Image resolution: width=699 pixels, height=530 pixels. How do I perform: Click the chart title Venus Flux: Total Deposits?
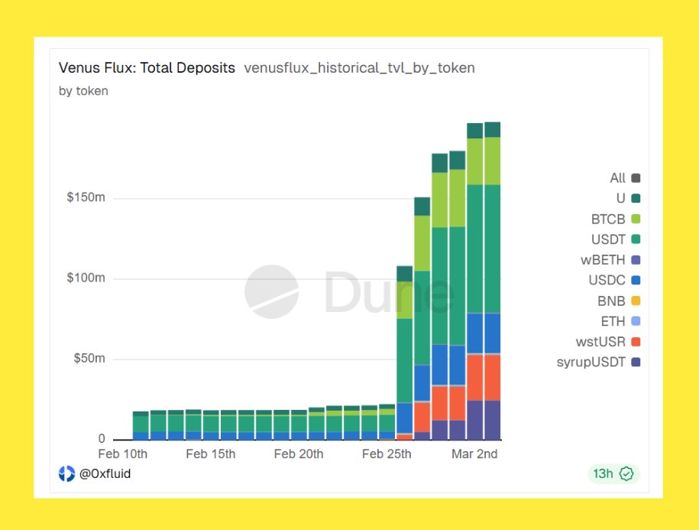tap(147, 68)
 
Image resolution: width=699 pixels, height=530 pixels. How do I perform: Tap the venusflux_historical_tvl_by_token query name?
tap(359, 68)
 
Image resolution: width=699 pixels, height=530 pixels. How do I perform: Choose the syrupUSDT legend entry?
tap(598, 362)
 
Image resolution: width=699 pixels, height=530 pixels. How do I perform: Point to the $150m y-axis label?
tap(86, 198)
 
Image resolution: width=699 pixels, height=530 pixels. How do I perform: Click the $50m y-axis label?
tap(89, 359)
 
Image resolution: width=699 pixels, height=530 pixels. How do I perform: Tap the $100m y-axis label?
tap(86, 278)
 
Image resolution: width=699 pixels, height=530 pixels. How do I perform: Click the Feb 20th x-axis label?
tap(298, 454)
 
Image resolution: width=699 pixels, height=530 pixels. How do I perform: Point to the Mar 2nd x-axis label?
tap(474, 454)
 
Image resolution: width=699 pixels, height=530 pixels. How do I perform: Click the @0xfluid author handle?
tap(105, 473)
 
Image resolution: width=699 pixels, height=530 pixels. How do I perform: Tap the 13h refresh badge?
tap(613, 473)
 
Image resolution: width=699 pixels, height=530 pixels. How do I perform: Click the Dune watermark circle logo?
tap(271, 292)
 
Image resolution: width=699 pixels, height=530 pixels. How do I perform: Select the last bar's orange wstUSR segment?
tap(492, 377)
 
